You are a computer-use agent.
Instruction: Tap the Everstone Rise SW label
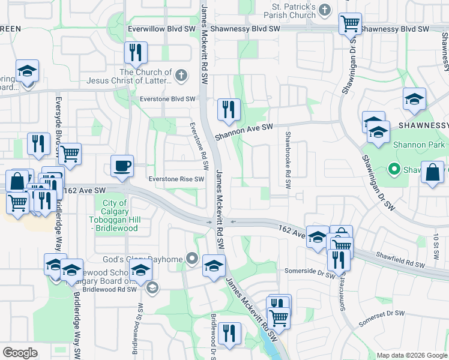[x=176, y=179]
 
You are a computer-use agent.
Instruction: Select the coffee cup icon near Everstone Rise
[x=122, y=166]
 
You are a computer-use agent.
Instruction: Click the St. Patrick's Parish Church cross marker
[x=324, y=10]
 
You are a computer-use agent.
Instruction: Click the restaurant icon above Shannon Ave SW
[x=229, y=110]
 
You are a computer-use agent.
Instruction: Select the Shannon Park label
[x=418, y=145]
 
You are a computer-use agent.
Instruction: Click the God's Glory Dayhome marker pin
[x=192, y=259]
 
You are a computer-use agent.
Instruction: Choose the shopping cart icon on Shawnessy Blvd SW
[x=350, y=25]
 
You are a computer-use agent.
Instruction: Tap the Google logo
[x=20, y=353]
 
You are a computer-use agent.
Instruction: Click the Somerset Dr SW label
[x=383, y=319]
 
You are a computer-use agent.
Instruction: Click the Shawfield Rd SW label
[x=400, y=259]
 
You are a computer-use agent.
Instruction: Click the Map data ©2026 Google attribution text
[x=411, y=355]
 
